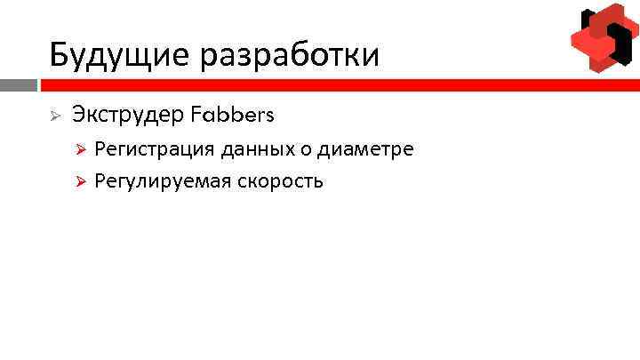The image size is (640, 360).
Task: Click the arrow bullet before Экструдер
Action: (x=53, y=116)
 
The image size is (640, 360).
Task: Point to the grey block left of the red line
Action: (x=18, y=85)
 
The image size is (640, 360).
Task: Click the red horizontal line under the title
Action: (x=338, y=85)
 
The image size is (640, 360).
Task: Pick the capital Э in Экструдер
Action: (x=79, y=115)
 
